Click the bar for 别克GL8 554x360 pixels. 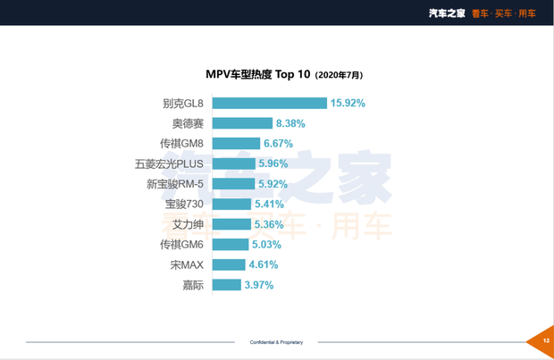(267, 103)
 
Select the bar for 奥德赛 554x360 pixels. (239, 123)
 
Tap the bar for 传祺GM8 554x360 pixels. (234, 144)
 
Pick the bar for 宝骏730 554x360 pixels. (230, 204)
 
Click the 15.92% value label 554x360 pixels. (348, 103)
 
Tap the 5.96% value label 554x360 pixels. (274, 163)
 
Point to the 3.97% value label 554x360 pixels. (258, 285)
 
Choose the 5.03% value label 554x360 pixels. (267, 244)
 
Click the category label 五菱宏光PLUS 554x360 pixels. (169, 163)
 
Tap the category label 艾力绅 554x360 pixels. (187, 224)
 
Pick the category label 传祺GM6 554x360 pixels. (181, 244)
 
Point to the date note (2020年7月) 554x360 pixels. (340, 75)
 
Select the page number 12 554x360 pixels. (545, 340)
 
